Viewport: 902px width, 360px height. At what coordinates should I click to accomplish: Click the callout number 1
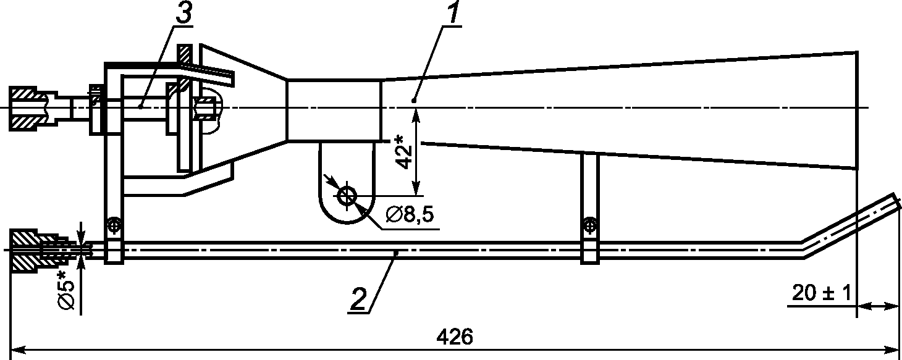tap(453, 13)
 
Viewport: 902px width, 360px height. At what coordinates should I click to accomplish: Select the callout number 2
tap(359, 299)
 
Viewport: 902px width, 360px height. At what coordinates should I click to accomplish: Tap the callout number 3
tap(183, 14)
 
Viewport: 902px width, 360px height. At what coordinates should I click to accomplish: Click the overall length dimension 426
tap(455, 337)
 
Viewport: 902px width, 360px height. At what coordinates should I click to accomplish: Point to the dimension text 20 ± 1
tap(822, 293)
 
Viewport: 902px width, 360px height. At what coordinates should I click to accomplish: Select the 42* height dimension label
tap(404, 153)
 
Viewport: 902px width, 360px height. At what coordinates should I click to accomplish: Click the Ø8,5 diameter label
tap(410, 215)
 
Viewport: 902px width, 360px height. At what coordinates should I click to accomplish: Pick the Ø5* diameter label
tap(67, 291)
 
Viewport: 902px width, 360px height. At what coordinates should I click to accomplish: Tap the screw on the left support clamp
tap(114, 225)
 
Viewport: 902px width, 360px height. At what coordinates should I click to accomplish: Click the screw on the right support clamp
tap(590, 225)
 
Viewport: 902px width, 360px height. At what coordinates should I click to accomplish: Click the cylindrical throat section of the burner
tap(334, 110)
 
